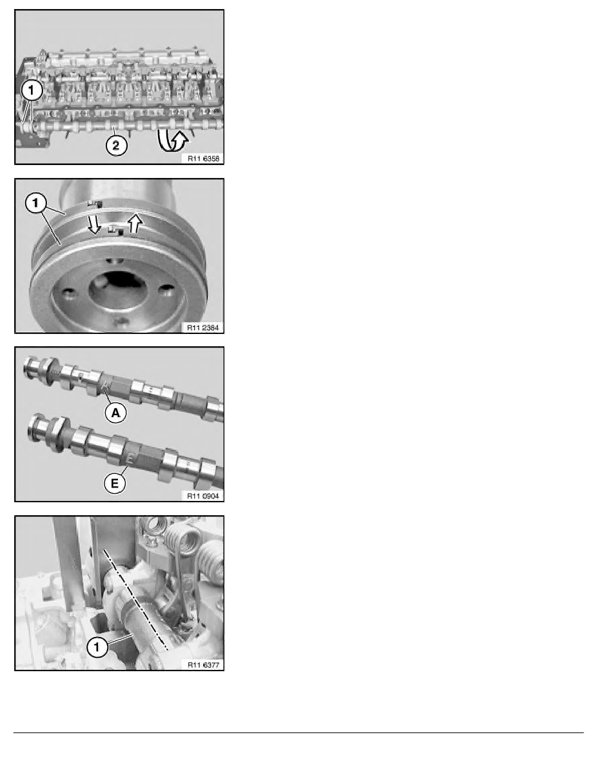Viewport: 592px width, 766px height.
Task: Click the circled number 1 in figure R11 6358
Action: (32, 90)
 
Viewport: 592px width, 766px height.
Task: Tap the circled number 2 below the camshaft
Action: (116, 145)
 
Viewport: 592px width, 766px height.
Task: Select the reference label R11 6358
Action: (204, 158)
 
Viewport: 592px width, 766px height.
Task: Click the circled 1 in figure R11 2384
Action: (35, 203)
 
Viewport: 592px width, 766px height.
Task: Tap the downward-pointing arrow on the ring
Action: (94, 224)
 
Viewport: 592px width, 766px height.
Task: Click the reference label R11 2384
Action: (203, 328)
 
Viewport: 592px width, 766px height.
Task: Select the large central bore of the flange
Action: (117, 291)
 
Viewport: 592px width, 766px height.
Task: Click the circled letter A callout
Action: (115, 413)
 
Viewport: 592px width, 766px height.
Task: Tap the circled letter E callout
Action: (115, 484)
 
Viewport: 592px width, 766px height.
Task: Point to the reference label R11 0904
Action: (203, 496)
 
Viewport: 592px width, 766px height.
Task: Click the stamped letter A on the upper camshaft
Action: (106, 386)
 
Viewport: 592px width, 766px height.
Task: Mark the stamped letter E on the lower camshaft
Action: (130, 458)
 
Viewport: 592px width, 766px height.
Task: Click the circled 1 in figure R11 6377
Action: (97, 647)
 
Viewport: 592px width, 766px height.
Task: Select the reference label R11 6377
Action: (204, 665)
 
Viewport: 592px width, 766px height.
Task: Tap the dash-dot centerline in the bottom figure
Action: (136, 600)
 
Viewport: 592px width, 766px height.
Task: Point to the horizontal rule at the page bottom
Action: (299, 732)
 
